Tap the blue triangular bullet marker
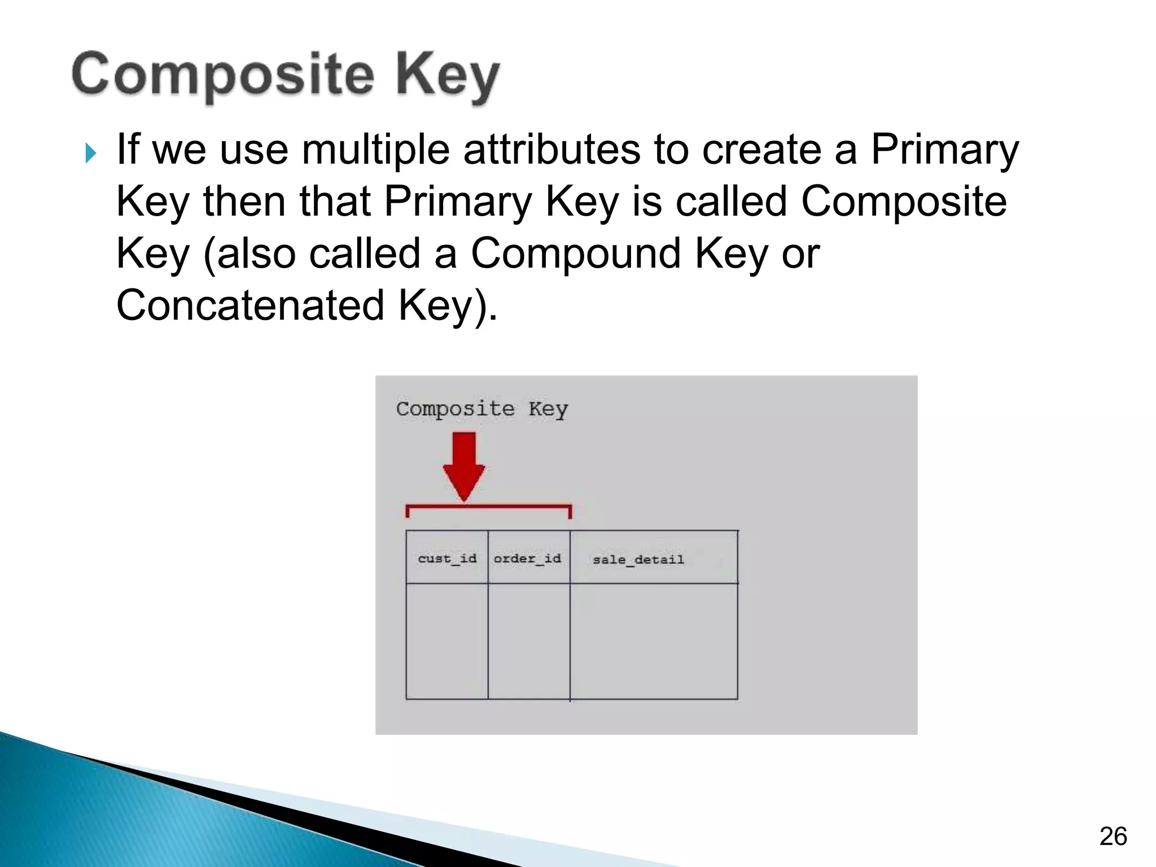[x=90, y=152]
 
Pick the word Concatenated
[x=250, y=305]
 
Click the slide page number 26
[x=1113, y=836]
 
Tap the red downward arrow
[x=463, y=466]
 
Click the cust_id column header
[x=447, y=558]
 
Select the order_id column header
[x=528, y=558]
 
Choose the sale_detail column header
[x=638, y=559]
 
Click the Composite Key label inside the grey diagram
[x=481, y=409]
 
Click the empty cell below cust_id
[x=447, y=641]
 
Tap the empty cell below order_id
[x=528, y=641]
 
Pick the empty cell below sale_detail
[x=654, y=641]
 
